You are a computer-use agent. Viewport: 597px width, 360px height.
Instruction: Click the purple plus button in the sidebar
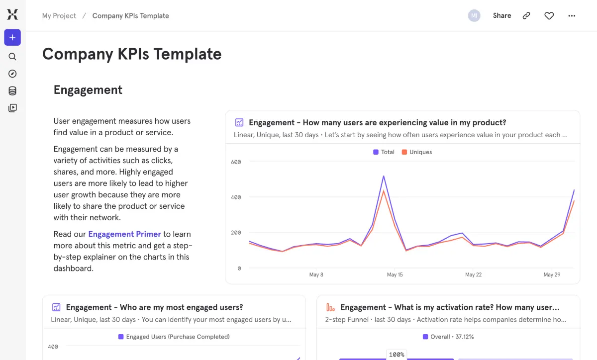[12, 37]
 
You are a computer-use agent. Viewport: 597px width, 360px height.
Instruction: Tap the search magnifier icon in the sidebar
[12, 57]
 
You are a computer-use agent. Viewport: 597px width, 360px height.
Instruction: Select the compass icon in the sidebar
[12, 74]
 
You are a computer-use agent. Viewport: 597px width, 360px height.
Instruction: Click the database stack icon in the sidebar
[12, 90]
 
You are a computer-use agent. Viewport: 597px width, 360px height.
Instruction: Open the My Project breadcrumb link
[59, 15]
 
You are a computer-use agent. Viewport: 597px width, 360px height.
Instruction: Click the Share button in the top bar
[501, 15]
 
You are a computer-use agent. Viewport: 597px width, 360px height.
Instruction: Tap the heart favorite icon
[549, 16]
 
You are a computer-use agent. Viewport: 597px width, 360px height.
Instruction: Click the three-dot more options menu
[572, 16]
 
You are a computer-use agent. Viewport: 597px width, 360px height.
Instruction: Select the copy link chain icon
[526, 16]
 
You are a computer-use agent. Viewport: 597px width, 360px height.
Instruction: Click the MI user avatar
[474, 15]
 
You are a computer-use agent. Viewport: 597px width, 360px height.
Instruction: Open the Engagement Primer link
[124, 234]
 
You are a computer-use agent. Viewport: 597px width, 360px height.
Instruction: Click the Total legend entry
[384, 152]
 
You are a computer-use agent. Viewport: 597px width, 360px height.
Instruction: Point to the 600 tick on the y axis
[236, 162]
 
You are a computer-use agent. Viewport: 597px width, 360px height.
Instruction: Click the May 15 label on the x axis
[395, 274]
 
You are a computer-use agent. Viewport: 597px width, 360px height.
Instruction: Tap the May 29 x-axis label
[552, 274]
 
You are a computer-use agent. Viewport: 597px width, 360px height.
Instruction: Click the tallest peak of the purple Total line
[384, 176]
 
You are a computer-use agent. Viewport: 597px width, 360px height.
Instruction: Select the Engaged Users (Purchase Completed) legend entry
[174, 337]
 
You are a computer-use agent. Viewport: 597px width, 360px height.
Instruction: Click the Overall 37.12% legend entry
[448, 337]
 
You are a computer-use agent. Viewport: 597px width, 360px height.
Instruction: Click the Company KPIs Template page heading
[132, 54]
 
